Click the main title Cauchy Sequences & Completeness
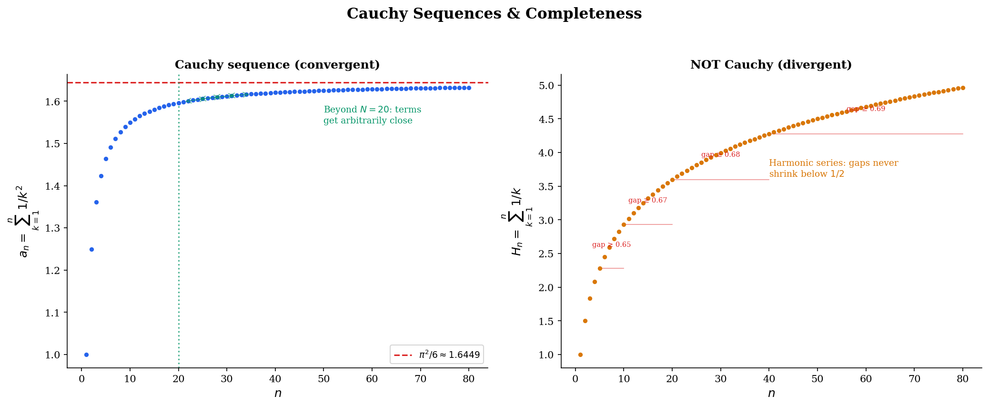[x=494, y=14]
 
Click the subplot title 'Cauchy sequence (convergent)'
[x=277, y=65]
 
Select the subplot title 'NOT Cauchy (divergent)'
[x=771, y=65]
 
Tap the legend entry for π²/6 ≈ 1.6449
[x=436, y=355]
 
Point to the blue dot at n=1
[x=86, y=355]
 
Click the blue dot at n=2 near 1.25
[x=91, y=249]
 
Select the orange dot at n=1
[x=580, y=355]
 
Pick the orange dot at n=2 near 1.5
[x=585, y=321]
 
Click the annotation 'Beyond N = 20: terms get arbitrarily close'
[x=372, y=115]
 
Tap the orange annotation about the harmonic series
[x=833, y=169]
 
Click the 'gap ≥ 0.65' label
[x=611, y=245]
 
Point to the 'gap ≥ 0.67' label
[x=647, y=201]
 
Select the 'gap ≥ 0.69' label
[x=866, y=109]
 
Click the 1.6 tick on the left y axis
[x=53, y=101]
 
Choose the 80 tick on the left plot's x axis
[x=469, y=379]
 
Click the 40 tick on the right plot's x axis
[x=769, y=379]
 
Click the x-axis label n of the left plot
[x=278, y=394]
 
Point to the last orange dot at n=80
[x=963, y=88]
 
